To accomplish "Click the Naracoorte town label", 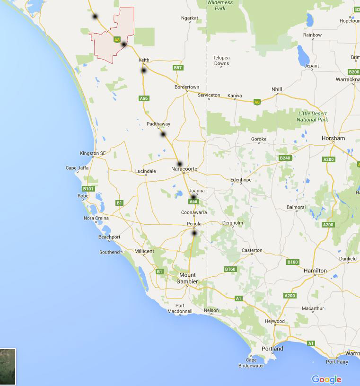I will click(x=184, y=169).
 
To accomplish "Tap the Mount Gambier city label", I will click(x=187, y=278).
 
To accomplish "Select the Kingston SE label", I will click(x=93, y=153).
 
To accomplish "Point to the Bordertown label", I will click(x=187, y=87).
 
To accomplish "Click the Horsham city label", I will click(x=333, y=138).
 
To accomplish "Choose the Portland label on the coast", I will click(x=272, y=349).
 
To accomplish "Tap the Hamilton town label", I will click(x=315, y=271).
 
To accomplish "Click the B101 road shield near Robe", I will click(x=88, y=189).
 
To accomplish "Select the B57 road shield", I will click(x=177, y=68).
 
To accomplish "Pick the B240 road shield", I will click(x=285, y=158).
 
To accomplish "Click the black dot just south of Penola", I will click(x=194, y=233).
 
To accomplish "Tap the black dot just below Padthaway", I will click(x=163, y=134).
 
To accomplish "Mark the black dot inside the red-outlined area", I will click(x=123, y=44).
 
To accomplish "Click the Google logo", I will click(x=326, y=379).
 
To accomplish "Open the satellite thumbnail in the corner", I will click(x=8, y=367).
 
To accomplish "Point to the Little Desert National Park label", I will click(x=312, y=116).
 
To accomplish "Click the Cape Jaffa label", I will click(x=77, y=168).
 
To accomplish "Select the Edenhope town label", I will click(x=240, y=180).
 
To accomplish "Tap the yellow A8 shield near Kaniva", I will click(x=257, y=102).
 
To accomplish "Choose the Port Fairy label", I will click(x=337, y=362).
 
